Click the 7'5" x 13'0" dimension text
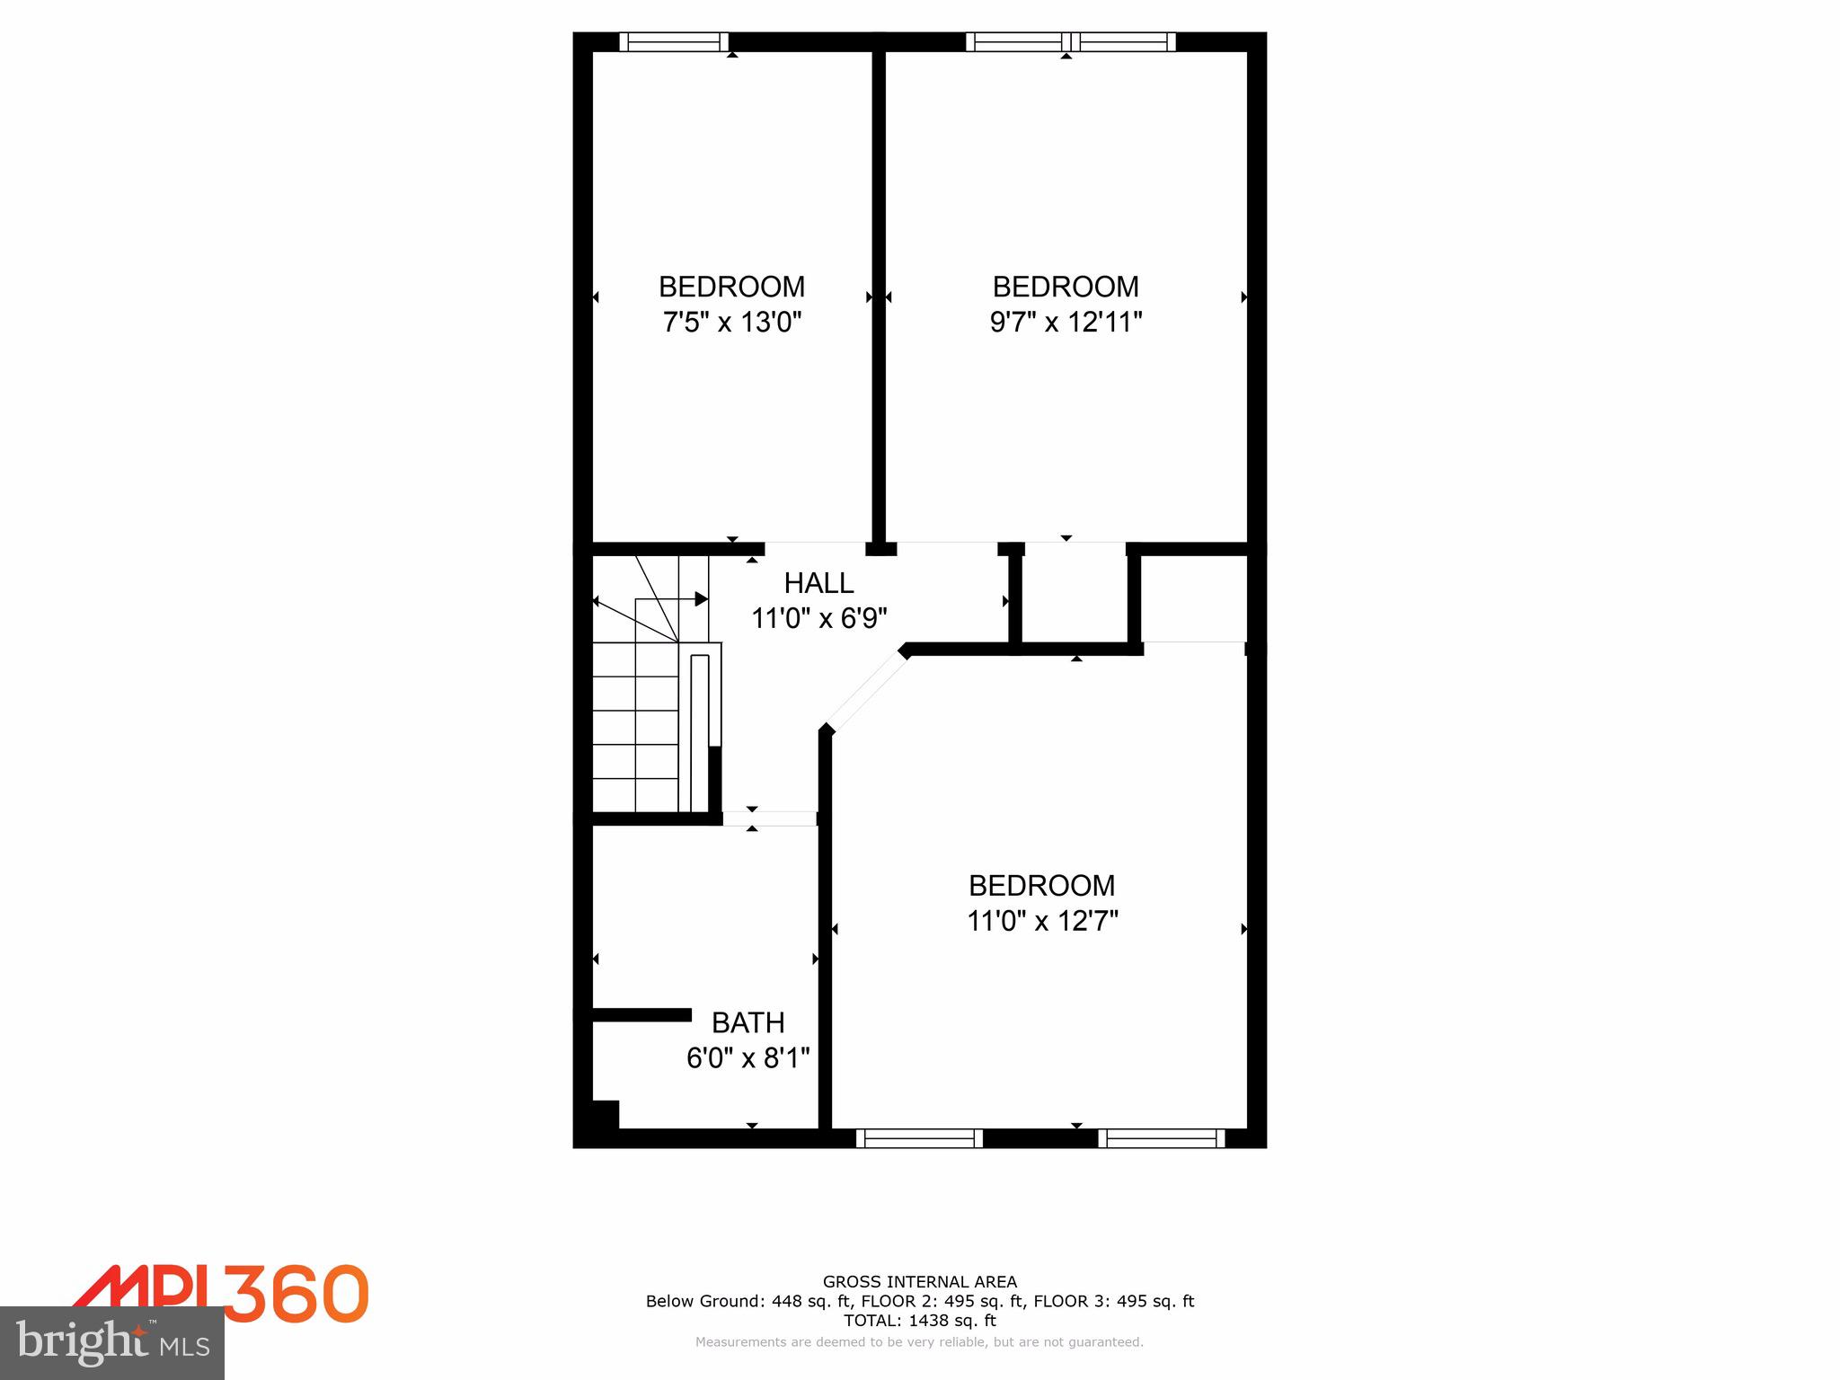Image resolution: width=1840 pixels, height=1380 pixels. coord(731,322)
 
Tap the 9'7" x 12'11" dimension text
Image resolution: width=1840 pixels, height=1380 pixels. coord(1066,322)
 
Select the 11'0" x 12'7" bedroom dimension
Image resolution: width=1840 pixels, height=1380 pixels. coord(1042,921)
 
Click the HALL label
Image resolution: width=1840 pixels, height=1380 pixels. coord(818,583)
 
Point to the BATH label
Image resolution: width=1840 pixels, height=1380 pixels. coord(747,1022)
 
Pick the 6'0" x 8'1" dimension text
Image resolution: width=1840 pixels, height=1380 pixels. coord(747,1058)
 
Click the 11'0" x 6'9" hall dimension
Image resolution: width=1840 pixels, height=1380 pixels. coord(818,618)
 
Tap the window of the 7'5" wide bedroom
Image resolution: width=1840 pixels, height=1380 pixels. coord(674,41)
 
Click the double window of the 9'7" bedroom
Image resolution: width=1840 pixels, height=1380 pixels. coord(1070,41)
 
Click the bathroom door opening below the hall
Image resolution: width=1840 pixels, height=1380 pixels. coord(770,818)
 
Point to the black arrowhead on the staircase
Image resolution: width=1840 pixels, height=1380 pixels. coord(701,599)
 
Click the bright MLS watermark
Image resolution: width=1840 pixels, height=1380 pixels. coord(112,1342)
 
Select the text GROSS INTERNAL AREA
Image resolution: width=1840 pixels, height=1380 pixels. coord(919,1282)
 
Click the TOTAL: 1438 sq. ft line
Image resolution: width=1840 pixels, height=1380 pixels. coord(919,1321)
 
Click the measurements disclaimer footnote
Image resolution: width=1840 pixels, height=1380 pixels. coord(919,1342)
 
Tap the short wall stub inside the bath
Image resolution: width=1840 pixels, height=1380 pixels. coord(641,1014)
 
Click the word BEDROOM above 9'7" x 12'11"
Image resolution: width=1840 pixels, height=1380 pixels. coord(1066,287)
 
